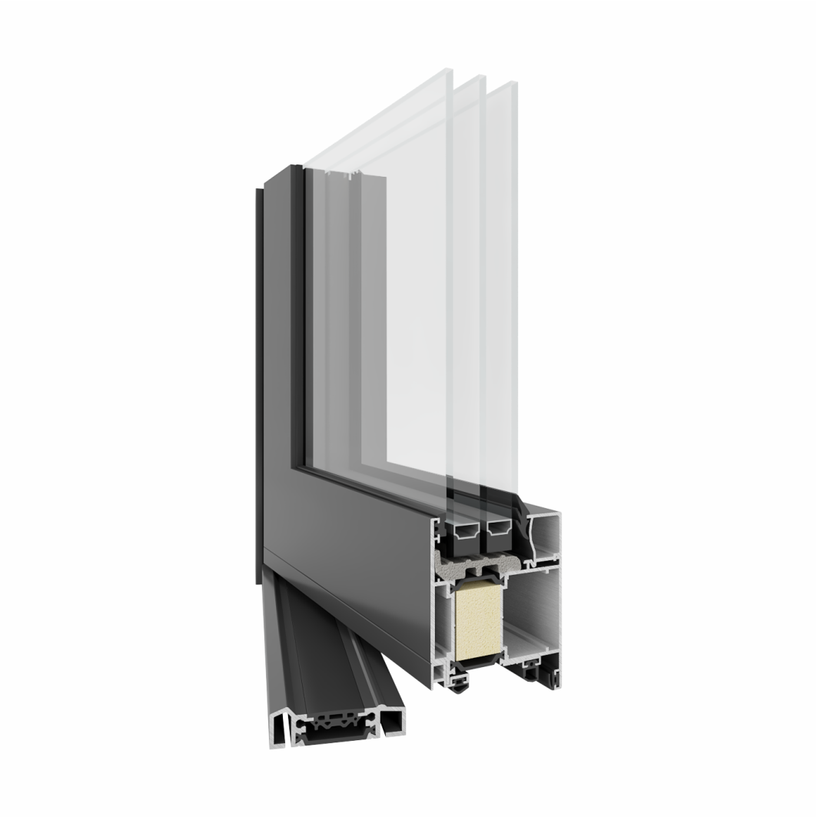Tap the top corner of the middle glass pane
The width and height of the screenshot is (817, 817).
coord(480,78)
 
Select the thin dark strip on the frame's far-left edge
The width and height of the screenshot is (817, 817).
coord(257,384)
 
